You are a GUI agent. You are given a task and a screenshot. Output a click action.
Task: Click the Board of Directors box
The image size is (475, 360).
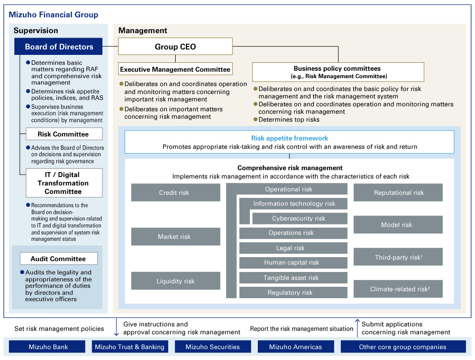click(x=59, y=47)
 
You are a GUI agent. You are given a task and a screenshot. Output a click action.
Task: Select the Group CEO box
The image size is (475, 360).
click(x=175, y=47)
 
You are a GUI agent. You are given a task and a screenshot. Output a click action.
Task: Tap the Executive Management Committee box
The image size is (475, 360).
click(x=175, y=69)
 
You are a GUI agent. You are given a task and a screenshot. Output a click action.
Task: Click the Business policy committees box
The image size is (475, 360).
click(x=337, y=72)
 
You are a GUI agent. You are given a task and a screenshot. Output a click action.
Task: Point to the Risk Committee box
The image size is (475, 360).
click(x=63, y=134)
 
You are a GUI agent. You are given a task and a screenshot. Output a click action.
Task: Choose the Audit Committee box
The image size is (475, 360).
click(x=58, y=259)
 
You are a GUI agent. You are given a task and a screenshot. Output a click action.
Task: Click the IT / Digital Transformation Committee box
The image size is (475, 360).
click(x=63, y=183)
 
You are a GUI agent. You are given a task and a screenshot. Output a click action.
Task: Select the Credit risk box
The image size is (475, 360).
click(x=175, y=193)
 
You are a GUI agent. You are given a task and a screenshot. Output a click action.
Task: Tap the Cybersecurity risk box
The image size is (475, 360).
click(x=299, y=219)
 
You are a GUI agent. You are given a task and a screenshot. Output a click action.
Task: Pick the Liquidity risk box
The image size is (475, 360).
click(x=175, y=281)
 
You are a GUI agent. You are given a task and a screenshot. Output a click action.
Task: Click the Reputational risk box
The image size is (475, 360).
click(x=398, y=193)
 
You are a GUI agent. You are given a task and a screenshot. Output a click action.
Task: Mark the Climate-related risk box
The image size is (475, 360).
click(x=398, y=289)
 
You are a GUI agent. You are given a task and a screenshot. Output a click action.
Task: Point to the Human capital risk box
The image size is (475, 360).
click(x=292, y=263)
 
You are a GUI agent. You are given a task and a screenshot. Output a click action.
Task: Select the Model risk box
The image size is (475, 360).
click(x=398, y=225)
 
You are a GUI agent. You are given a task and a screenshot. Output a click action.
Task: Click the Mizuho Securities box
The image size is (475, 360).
click(x=213, y=347)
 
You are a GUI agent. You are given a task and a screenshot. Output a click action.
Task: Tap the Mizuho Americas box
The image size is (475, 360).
click(x=295, y=347)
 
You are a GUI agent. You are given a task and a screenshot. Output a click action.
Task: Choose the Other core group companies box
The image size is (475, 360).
click(x=403, y=347)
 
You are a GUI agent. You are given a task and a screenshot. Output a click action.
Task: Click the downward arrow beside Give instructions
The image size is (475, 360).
click(x=117, y=327)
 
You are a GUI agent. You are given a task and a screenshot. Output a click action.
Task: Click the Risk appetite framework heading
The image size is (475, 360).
click(x=289, y=138)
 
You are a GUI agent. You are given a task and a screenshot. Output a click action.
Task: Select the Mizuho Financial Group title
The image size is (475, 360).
click(x=53, y=15)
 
